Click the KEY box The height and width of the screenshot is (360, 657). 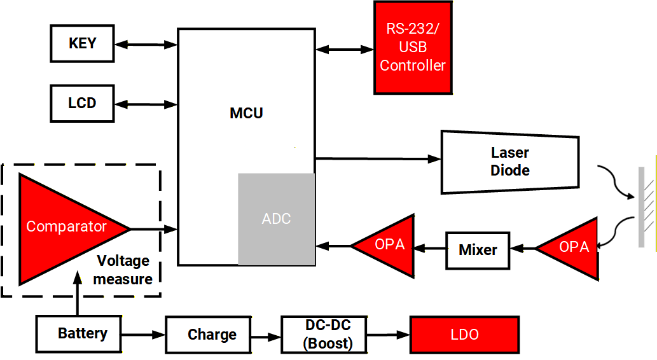click(x=82, y=44)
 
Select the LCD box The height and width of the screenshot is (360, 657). click(x=82, y=104)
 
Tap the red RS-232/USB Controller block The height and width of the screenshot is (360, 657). click(x=413, y=48)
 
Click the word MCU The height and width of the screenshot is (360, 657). click(x=246, y=114)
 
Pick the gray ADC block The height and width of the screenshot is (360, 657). click(x=277, y=219)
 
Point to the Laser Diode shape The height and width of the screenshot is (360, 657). click(x=510, y=162)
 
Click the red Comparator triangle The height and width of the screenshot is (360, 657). click(x=64, y=227)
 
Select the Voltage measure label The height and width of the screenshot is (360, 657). click(x=124, y=270)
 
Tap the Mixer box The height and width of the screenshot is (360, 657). click(x=478, y=250)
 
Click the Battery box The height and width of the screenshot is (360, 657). click(x=78, y=334)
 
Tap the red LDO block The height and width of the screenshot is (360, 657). click(x=464, y=335)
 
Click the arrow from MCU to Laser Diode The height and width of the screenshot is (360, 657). click(x=378, y=158)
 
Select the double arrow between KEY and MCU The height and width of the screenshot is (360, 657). click(x=146, y=45)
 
